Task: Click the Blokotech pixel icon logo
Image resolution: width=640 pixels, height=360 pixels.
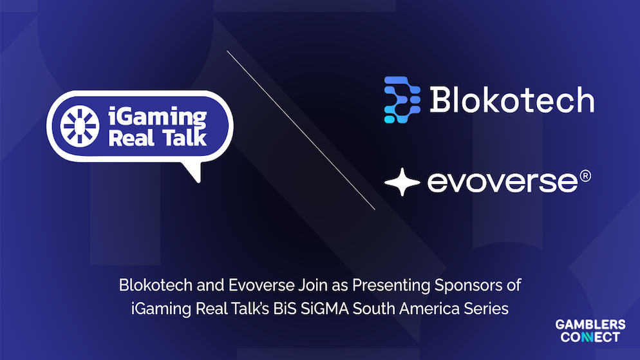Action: tap(402, 100)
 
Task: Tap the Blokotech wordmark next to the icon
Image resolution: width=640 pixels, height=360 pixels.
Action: tap(511, 100)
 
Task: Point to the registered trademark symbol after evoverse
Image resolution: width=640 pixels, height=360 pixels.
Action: tap(585, 176)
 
